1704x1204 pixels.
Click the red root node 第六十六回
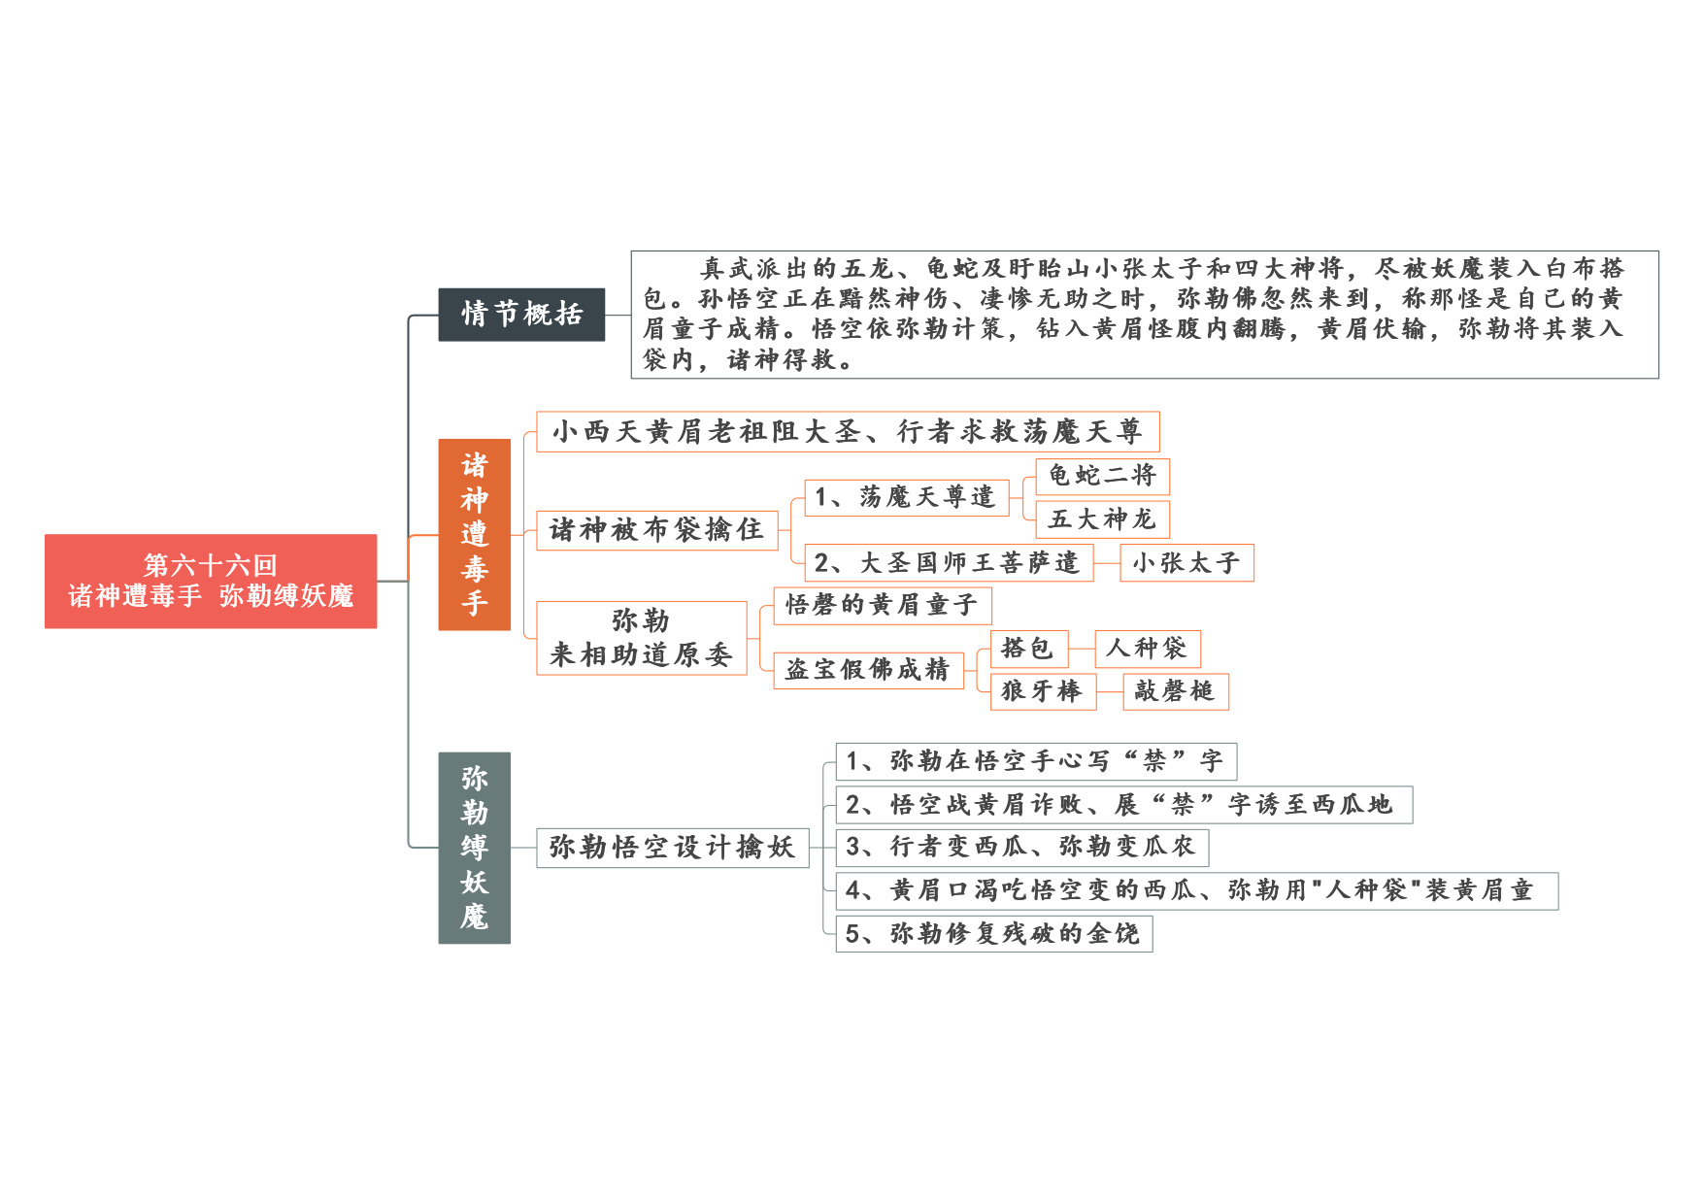[211, 581]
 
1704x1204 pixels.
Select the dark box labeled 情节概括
[521, 315]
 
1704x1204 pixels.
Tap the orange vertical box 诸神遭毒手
[474, 534]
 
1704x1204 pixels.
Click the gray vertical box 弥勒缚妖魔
[474, 848]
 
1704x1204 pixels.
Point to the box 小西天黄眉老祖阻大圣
[848, 431]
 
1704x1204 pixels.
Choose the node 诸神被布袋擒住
[657, 530]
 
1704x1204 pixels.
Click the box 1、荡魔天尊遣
[907, 497]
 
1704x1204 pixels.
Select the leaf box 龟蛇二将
[1102, 476]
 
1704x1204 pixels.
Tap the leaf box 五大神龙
[1102, 519]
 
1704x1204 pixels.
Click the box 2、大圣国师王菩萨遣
[949, 563]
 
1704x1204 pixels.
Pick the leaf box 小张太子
[1186, 563]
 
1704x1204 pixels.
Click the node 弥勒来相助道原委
[642, 638]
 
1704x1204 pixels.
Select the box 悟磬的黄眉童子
[883, 605]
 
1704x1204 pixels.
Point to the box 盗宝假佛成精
[868, 670]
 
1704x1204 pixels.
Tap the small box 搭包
[1029, 649]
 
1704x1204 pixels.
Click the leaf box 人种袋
[1148, 649]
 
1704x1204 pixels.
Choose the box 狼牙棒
[1043, 691]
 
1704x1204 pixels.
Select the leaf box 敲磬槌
[1176, 691]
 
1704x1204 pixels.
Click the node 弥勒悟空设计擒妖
[673, 848]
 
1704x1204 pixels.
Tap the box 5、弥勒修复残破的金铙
[994, 934]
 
